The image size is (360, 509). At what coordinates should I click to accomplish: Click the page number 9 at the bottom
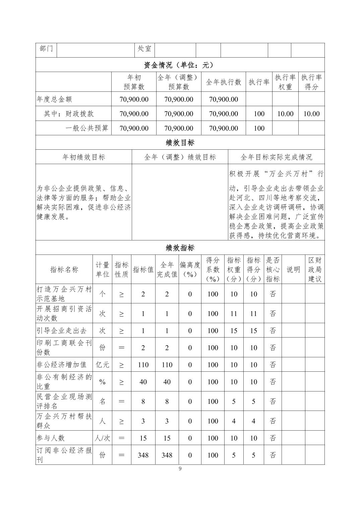(180, 468)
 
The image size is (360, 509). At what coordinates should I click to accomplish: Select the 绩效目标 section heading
(180, 143)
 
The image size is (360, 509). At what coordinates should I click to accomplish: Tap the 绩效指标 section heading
(180, 248)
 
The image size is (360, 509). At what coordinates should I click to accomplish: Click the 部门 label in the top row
(46, 49)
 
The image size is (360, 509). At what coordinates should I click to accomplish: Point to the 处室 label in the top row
(144, 49)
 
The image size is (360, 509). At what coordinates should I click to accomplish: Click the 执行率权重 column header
(285, 82)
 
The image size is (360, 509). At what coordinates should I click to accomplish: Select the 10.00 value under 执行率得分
(311, 114)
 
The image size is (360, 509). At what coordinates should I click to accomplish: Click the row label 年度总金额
(54, 99)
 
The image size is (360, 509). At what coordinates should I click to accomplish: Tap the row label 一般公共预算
(87, 128)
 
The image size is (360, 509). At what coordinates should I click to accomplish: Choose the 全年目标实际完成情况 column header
(276, 157)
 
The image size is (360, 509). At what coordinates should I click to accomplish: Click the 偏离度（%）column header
(190, 270)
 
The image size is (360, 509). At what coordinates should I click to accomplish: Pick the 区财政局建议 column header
(315, 270)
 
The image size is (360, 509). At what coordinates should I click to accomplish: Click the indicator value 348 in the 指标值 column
(143, 455)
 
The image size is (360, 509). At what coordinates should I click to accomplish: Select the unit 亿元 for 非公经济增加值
(103, 365)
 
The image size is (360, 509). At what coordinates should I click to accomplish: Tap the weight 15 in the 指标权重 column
(234, 331)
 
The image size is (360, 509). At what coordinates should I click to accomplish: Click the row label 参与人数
(51, 438)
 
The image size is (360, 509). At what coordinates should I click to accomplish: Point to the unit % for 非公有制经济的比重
(103, 382)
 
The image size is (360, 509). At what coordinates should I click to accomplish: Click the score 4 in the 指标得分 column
(253, 421)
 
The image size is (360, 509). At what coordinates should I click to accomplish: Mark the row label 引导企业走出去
(62, 331)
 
